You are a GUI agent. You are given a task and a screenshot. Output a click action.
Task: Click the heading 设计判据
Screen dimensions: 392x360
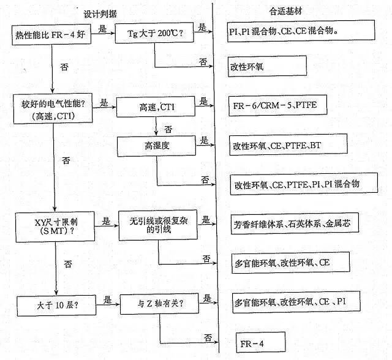pos(100,13)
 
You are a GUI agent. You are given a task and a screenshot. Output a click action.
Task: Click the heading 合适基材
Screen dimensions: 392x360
pos(285,11)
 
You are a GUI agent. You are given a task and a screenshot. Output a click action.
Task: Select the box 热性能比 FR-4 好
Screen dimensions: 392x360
pos(51,35)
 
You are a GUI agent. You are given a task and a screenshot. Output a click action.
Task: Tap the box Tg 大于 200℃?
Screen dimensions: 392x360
pos(154,32)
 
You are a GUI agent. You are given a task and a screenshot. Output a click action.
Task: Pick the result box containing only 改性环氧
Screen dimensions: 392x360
pos(267,66)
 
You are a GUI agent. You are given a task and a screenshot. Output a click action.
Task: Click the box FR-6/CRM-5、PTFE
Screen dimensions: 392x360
pos(278,105)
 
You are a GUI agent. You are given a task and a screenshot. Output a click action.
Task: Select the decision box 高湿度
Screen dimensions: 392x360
pos(157,146)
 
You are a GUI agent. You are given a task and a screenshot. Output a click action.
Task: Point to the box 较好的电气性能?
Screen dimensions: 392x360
pos(53,109)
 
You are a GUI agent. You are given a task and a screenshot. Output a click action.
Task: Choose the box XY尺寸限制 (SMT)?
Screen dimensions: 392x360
pos(55,227)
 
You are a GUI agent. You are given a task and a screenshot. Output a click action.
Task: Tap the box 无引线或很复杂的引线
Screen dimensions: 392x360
pos(158,225)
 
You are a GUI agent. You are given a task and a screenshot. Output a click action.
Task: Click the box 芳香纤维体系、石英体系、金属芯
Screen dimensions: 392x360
pos(295,223)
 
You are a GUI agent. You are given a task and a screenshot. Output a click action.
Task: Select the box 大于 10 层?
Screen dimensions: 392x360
pos(56,306)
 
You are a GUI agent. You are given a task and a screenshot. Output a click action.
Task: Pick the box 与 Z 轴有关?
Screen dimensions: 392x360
pos(159,304)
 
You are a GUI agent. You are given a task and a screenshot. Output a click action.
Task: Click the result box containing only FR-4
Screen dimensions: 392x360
pos(261,342)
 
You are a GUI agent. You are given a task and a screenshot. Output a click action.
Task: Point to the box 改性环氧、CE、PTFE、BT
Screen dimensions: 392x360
pos(288,144)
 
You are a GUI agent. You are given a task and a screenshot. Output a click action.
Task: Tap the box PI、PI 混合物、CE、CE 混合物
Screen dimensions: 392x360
pos(301,31)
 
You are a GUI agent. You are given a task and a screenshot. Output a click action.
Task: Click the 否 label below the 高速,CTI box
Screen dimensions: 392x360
pos(168,129)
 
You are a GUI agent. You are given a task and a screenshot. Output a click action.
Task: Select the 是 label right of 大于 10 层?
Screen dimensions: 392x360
pos(108,299)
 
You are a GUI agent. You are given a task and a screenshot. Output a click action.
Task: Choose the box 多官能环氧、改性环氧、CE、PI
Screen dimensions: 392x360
pos(296,302)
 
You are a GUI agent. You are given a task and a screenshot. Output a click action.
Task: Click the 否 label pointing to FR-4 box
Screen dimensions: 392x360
pos(208,338)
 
